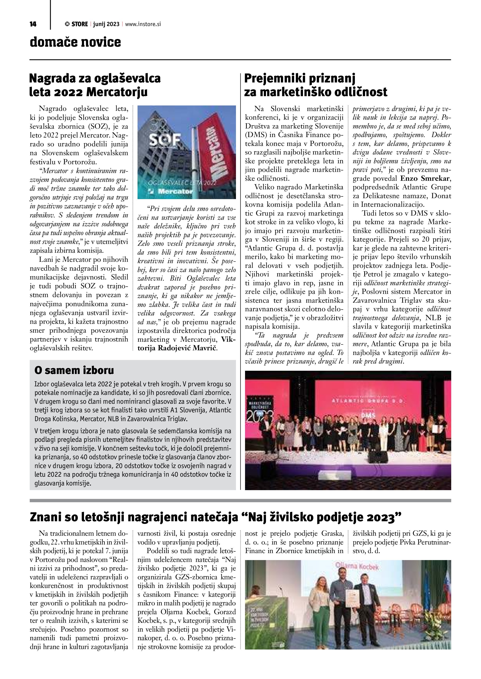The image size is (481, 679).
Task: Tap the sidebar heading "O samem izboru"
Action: (x=74, y=370)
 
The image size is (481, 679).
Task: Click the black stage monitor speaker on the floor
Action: (x=378, y=457)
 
